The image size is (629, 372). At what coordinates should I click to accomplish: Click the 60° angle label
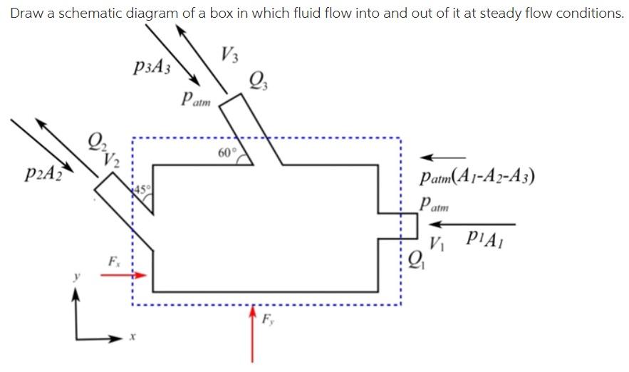coord(226,153)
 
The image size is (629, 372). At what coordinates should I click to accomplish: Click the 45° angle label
coord(142,189)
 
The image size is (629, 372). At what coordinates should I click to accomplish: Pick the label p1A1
coord(485,237)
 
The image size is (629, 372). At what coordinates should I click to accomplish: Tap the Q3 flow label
coord(256,81)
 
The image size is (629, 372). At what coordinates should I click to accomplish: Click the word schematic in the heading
coord(94,13)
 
